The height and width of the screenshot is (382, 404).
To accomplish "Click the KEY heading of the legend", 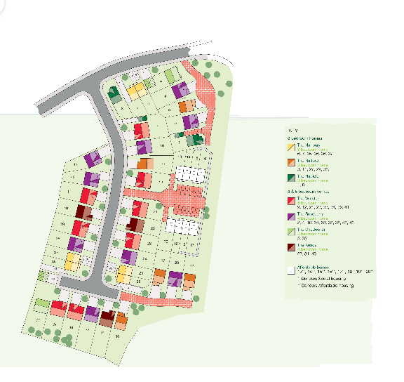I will click(294, 131).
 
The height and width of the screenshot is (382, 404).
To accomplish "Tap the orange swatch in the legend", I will click(290, 162).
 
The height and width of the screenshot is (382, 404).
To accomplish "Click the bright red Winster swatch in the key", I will click(290, 200).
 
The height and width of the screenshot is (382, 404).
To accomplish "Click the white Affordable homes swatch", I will click(290, 269).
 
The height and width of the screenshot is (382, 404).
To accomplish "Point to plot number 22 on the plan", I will click(152, 228).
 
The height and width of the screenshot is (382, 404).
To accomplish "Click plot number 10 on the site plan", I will click(162, 145).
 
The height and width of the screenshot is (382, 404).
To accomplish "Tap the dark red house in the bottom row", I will click(107, 317).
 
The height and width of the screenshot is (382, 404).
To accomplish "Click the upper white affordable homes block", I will click(191, 173).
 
